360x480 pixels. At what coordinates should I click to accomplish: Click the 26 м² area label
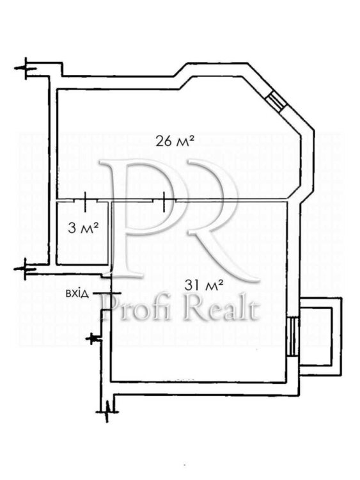[x=175, y=141]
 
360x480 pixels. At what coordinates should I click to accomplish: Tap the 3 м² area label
[x=83, y=228]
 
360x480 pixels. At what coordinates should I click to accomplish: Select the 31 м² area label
[x=203, y=285]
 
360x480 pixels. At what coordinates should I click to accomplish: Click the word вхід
[x=77, y=294]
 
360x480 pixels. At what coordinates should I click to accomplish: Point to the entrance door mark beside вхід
[x=107, y=293]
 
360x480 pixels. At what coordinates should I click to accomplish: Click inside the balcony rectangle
[x=315, y=337]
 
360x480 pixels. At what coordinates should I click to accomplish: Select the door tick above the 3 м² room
[x=85, y=202]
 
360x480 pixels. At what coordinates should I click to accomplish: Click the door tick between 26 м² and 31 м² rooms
[x=164, y=202]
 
